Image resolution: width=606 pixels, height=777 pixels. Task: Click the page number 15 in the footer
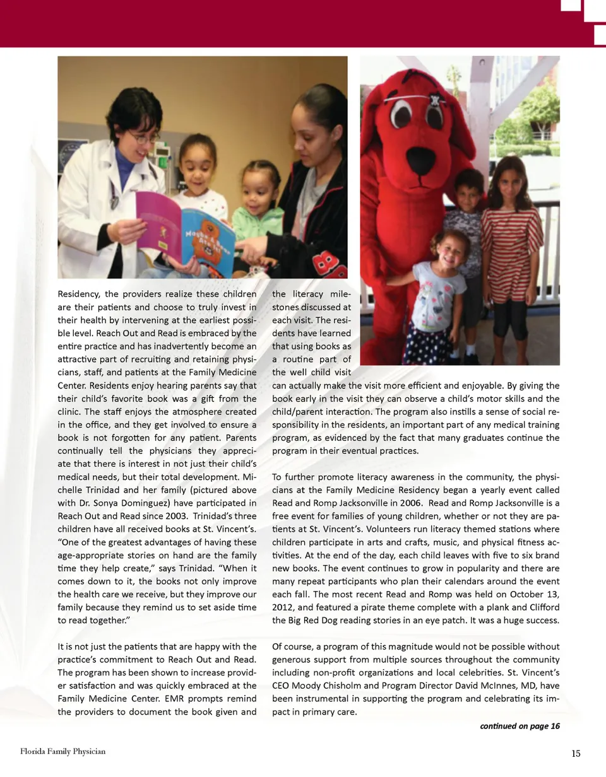coord(575,753)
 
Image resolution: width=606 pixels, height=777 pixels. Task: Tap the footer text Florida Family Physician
coord(62,751)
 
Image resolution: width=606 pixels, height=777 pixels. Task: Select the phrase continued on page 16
coord(520,726)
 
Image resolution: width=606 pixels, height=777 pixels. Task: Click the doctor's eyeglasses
coord(143,137)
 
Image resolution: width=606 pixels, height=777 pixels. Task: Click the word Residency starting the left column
coord(78,294)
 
